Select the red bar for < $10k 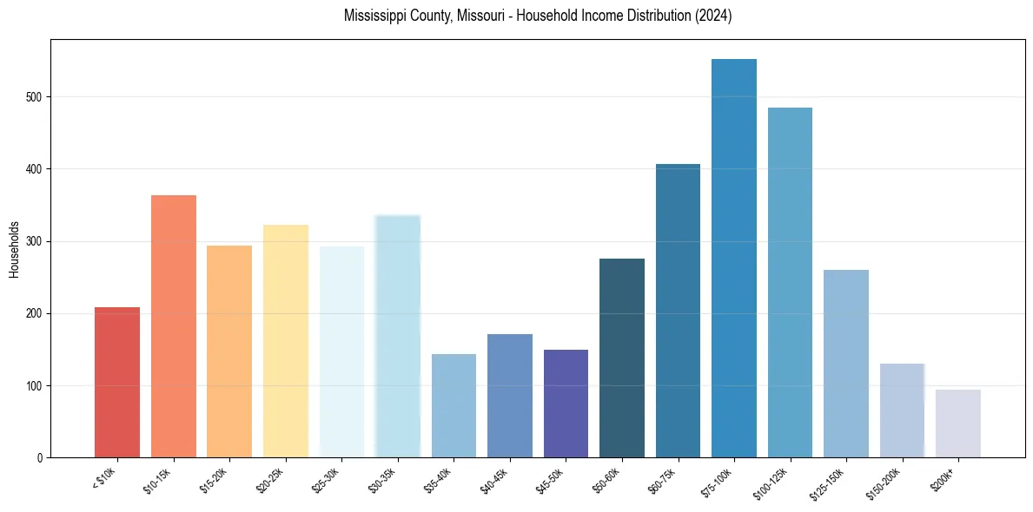[117, 382]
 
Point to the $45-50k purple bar [566, 404]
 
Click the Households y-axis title [14, 248]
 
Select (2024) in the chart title [712, 16]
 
